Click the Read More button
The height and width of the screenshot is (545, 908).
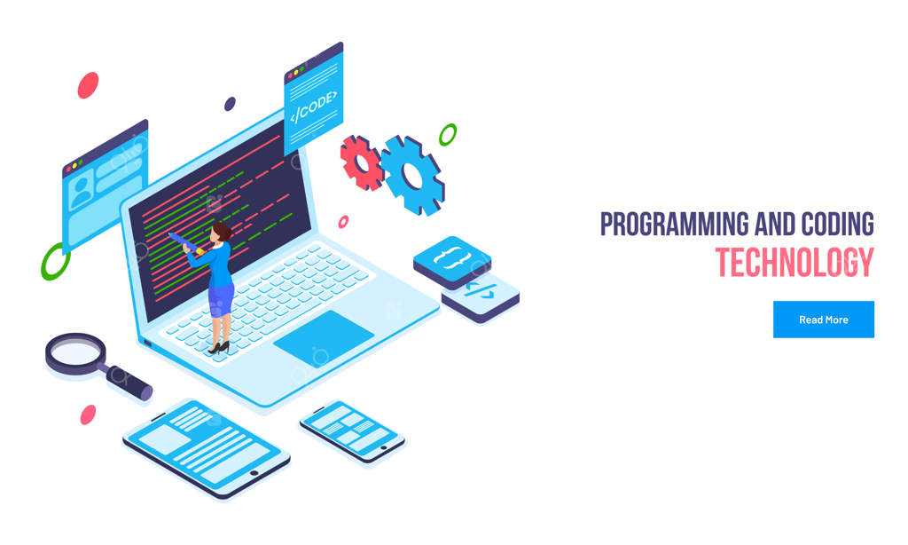point(824,320)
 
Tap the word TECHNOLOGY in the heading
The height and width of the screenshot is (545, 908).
point(794,263)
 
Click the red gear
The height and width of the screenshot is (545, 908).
point(362,163)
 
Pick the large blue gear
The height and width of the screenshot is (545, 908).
point(412,175)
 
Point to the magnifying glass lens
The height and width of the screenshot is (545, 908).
point(76,351)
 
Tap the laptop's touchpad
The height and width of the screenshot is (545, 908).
point(324,338)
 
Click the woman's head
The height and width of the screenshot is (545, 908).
point(221,233)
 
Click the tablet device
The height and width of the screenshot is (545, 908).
point(206,448)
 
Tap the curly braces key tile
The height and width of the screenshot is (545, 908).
point(452,262)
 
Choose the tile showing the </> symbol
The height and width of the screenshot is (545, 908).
point(481,297)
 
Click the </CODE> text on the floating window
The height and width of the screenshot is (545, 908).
point(313,107)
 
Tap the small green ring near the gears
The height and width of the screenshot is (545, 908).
point(448,135)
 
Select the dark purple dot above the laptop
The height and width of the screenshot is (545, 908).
point(230,104)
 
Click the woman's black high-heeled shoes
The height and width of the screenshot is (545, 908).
point(219,347)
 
